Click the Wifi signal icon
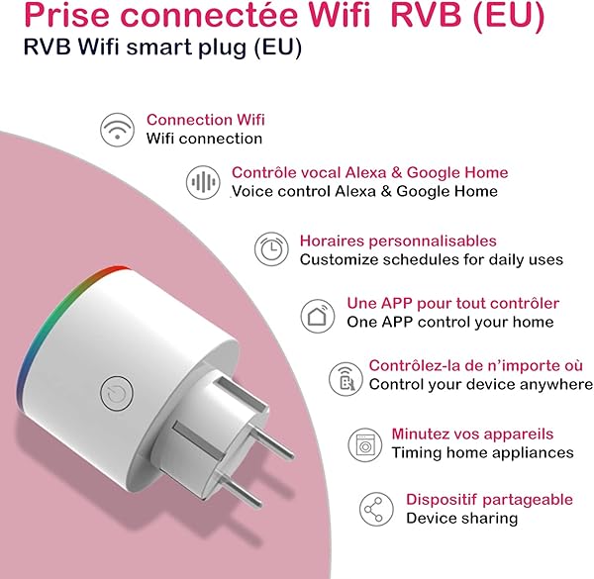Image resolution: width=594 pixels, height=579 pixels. tap(118, 129)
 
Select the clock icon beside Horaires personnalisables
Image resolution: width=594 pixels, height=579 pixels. tap(270, 249)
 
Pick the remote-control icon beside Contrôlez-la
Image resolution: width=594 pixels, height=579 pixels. tap(345, 376)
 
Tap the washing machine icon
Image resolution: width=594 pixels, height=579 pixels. tap(365, 442)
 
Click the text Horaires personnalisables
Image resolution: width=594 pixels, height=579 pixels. tap(398, 241)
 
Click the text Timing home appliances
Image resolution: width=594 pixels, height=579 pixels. tap(482, 452)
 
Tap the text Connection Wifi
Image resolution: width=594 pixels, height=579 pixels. tap(206, 120)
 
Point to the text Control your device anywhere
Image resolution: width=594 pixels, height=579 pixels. tap(481, 384)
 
